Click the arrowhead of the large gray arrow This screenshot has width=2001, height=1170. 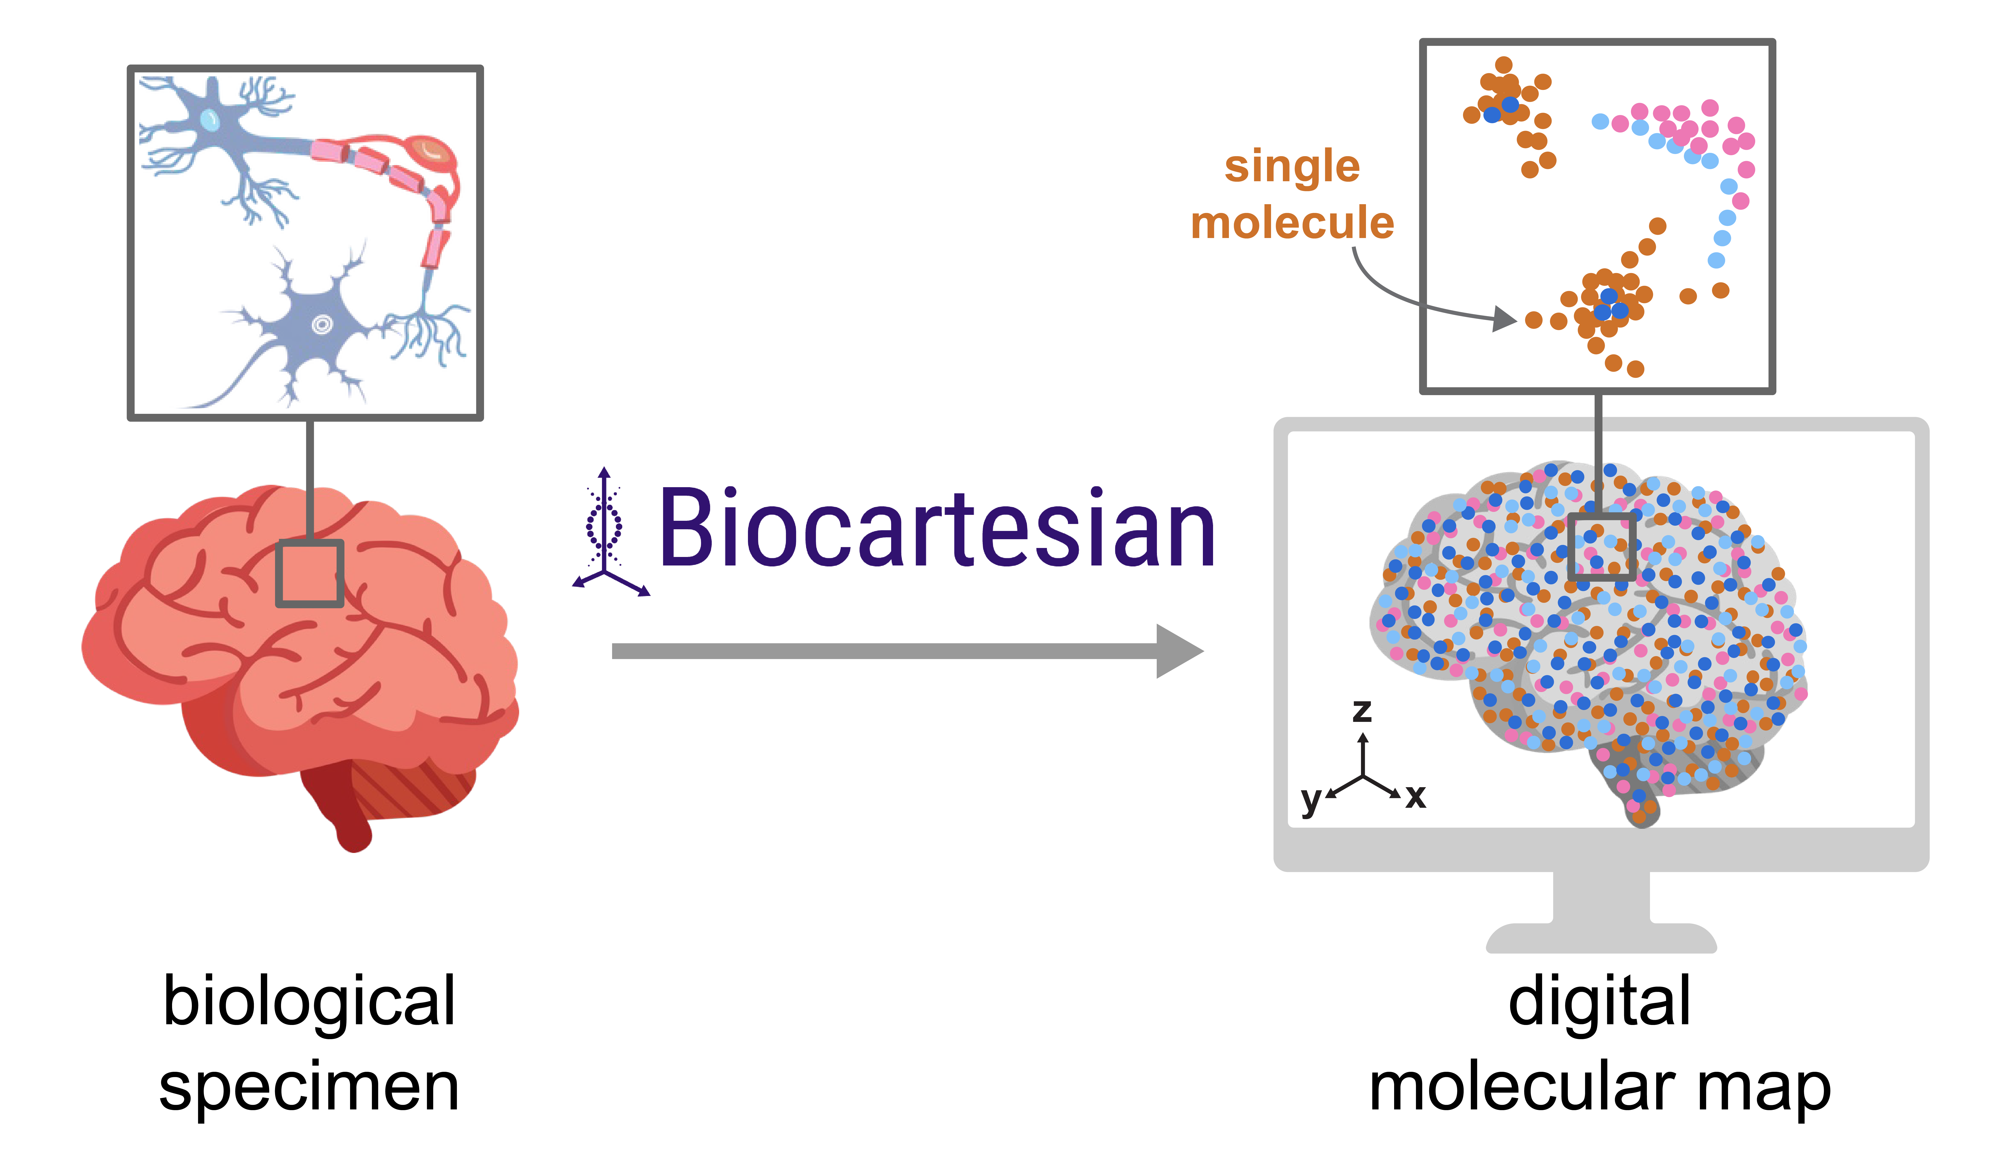pyautogui.click(x=1179, y=651)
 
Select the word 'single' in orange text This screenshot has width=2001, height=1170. pyautogui.click(x=1292, y=167)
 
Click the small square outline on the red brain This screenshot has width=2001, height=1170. pyautogui.click(x=310, y=573)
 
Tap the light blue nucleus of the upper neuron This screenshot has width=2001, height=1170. pyautogui.click(x=210, y=120)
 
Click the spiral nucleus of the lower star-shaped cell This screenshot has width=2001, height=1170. pyautogui.click(x=322, y=324)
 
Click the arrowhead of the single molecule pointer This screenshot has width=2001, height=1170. pyautogui.click(x=1505, y=319)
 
